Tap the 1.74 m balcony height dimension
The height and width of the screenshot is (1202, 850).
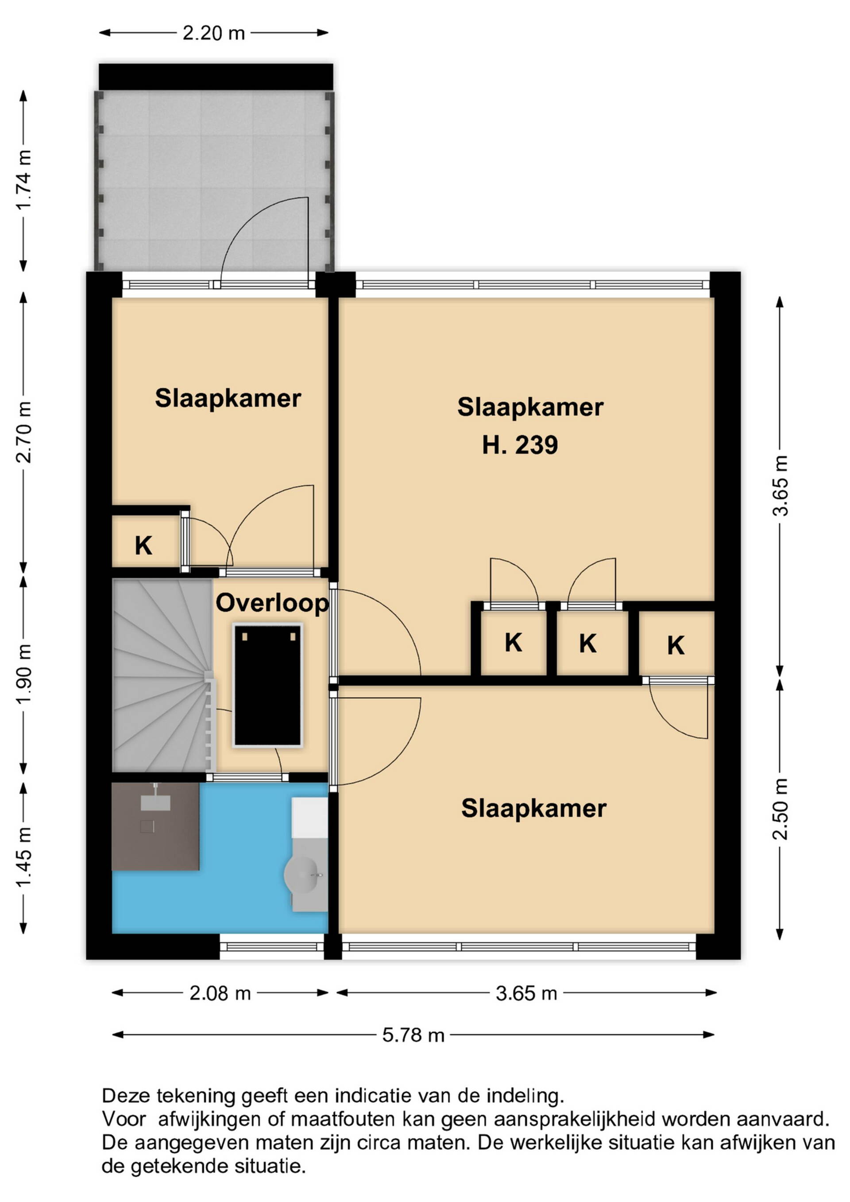coord(24,179)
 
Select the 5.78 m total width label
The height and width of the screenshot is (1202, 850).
coord(413,1035)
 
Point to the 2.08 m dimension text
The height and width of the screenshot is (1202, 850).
coord(220,993)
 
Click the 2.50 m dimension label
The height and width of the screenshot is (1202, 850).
coord(780,809)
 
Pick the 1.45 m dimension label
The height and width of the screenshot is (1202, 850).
coord(24,857)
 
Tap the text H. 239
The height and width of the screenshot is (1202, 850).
coord(520,445)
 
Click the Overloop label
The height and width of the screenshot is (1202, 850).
coord(272,603)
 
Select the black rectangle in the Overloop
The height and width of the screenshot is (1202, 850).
coord(268,685)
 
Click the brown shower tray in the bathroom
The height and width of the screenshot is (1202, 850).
coord(155,826)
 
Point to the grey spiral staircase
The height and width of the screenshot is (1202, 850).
coord(162,675)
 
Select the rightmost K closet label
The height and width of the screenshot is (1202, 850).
coord(676,645)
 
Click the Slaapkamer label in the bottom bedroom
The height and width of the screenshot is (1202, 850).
coord(533,808)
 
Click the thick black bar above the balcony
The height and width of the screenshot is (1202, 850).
coord(216,77)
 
